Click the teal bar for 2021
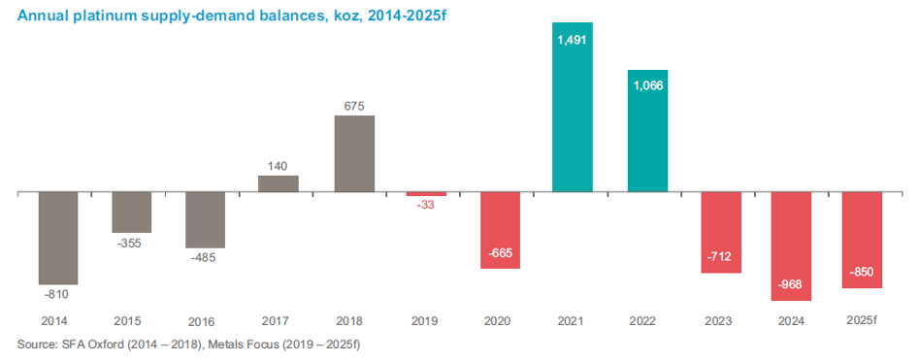[572, 108]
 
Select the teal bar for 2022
[647, 131]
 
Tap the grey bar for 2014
[58, 238]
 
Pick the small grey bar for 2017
[279, 184]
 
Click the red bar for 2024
[792, 246]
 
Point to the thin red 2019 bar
[427, 194]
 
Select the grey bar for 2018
[354, 153]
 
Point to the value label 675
[354, 106]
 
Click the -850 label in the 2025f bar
[862, 272]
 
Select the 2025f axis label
[863, 321]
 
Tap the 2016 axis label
[205, 322]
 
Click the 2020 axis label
[498, 321]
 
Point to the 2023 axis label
[718, 321]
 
